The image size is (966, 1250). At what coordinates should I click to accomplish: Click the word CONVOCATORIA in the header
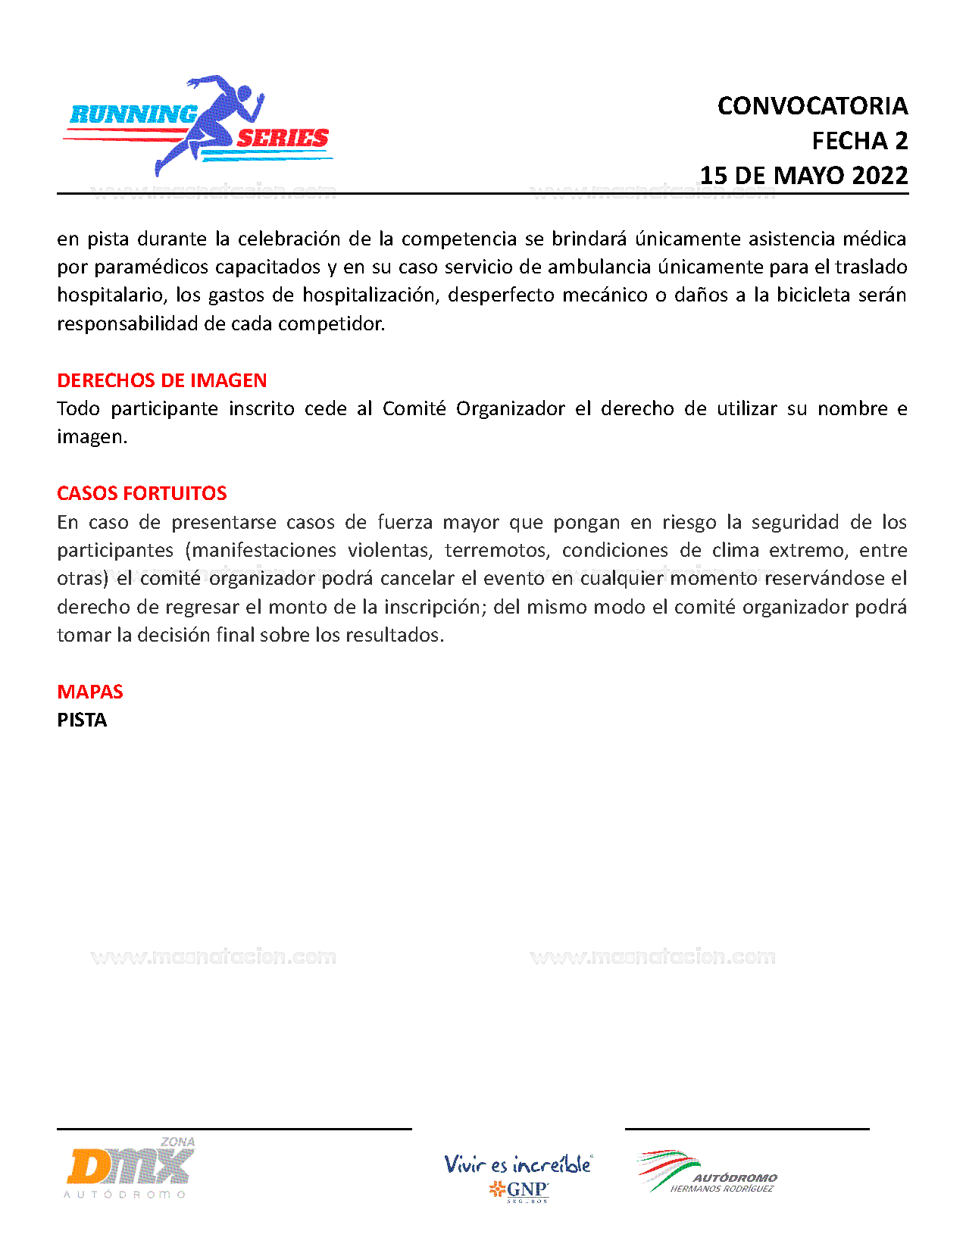point(812,106)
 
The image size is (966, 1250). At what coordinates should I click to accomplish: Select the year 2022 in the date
point(880,176)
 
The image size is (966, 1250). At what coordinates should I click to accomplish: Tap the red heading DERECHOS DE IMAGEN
point(162,380)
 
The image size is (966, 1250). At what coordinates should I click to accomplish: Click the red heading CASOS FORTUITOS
point(142,493)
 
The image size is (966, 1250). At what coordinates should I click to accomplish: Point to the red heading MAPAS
point(90,692)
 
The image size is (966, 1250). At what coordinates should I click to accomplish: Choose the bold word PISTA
point(82,720)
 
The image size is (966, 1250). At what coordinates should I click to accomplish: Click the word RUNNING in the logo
point(133,114)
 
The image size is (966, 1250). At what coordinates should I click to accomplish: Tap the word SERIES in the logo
point(283,138)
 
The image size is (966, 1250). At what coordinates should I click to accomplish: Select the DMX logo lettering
point(129,1167)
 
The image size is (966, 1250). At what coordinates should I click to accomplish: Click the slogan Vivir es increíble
point(517,1164)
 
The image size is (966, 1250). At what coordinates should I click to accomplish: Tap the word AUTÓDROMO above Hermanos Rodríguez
point(735,1178)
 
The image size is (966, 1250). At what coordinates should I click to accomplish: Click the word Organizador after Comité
point(510,408)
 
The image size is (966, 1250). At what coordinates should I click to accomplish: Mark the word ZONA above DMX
point(177,1142)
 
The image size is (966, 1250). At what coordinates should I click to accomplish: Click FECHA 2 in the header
point(859,141)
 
